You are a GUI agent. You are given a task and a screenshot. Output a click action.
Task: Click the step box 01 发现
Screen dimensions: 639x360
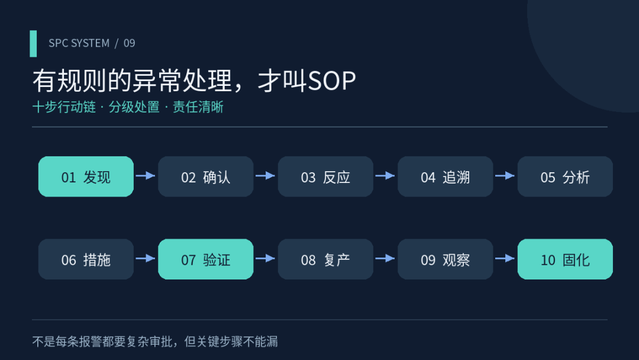[x=86, y=176]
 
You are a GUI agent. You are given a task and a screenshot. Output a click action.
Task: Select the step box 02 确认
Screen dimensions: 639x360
[x=206, y=176]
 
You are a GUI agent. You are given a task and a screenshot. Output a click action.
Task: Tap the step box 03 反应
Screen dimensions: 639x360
[x=325, y=176]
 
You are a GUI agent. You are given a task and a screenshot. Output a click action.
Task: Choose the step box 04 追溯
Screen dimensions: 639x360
[x=446, y=176]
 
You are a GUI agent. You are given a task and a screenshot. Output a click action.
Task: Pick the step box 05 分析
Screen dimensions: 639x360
[x=565, y=176]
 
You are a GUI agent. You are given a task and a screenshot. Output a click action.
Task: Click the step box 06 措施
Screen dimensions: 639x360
[x=86, y=259]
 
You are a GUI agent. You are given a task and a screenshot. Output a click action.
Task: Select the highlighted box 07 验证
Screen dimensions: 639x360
[x=206, y=259]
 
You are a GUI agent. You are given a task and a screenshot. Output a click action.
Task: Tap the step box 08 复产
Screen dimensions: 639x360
[x=325, y=259]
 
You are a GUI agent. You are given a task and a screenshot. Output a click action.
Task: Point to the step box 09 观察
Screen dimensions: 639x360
[x=446, y=259]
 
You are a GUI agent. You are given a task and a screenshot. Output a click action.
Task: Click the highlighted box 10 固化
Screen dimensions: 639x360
[x=565, y=259]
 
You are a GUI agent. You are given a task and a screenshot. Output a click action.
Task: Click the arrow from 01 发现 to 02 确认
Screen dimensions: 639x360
[x=146, y=176]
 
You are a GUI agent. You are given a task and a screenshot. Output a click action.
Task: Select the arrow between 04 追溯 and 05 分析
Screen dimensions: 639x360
[x=505, y=176]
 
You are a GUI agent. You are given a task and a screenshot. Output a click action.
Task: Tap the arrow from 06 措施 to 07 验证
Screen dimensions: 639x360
[x=146, y=259]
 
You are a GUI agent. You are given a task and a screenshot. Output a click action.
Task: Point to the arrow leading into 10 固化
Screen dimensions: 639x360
[x=505, y=259]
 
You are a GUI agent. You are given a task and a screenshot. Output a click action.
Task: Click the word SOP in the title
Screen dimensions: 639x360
[x=332, y=81]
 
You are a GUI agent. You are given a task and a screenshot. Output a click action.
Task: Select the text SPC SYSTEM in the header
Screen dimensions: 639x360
[x=79, y=43]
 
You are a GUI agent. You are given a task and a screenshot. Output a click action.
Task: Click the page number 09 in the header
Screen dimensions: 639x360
[x=129, y=43]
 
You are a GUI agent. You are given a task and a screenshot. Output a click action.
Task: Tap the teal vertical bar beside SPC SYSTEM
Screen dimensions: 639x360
[x=33, y=44]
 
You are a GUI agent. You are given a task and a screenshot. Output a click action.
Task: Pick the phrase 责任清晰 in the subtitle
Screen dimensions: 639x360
[x=198, y=107]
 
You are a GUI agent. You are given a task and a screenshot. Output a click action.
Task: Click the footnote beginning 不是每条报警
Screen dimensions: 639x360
[x=155, y=342]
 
